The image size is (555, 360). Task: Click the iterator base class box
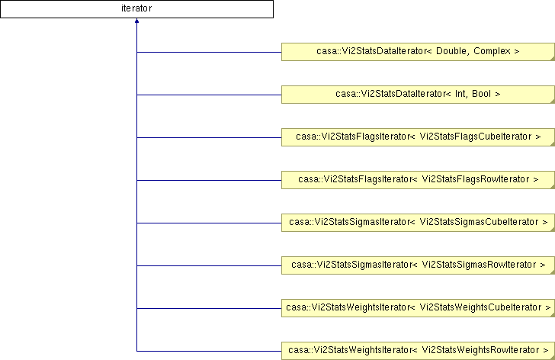click(x=136, y=9)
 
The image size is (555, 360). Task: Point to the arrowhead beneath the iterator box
click(x=136, y=21)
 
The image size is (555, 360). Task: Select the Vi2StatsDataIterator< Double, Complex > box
click(x=418, y=52)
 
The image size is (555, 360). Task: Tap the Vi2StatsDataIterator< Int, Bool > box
click(x=418, y=95)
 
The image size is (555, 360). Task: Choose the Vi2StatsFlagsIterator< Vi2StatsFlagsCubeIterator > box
click(x=418, y=137)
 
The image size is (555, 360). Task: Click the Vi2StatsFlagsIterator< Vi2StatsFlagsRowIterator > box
click(x=418, y=180)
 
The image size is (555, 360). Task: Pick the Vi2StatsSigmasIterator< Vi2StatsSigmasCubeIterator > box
click(x=418, y=223)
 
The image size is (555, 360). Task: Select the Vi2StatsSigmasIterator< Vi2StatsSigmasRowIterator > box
click(x=418, y=265)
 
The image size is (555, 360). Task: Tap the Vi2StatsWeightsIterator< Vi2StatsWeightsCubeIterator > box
click(x=418, y=308)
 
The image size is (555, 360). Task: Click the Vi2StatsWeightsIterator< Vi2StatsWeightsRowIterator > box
click(x=418, y=351)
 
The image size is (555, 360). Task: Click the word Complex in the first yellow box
click(x=492, y=51)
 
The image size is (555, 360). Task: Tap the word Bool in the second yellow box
click(x=481, y=94)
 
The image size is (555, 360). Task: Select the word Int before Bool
click(x=460, y=94)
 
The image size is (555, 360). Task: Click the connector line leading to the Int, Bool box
click(x=209, y=95)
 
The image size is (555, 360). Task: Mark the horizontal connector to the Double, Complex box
click(x=209, y=52)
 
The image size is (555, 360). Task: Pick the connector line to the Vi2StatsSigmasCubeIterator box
click(x=209, y=223)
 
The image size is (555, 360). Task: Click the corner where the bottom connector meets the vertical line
click(x=136, y=351)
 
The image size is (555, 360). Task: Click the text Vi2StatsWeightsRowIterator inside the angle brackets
click(x=480, y=350)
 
